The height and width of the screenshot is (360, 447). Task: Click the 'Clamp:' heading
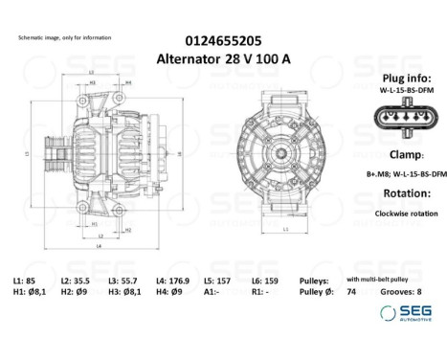pos(407,155)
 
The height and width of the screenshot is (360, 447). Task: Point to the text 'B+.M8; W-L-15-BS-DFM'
pos(406,174)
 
